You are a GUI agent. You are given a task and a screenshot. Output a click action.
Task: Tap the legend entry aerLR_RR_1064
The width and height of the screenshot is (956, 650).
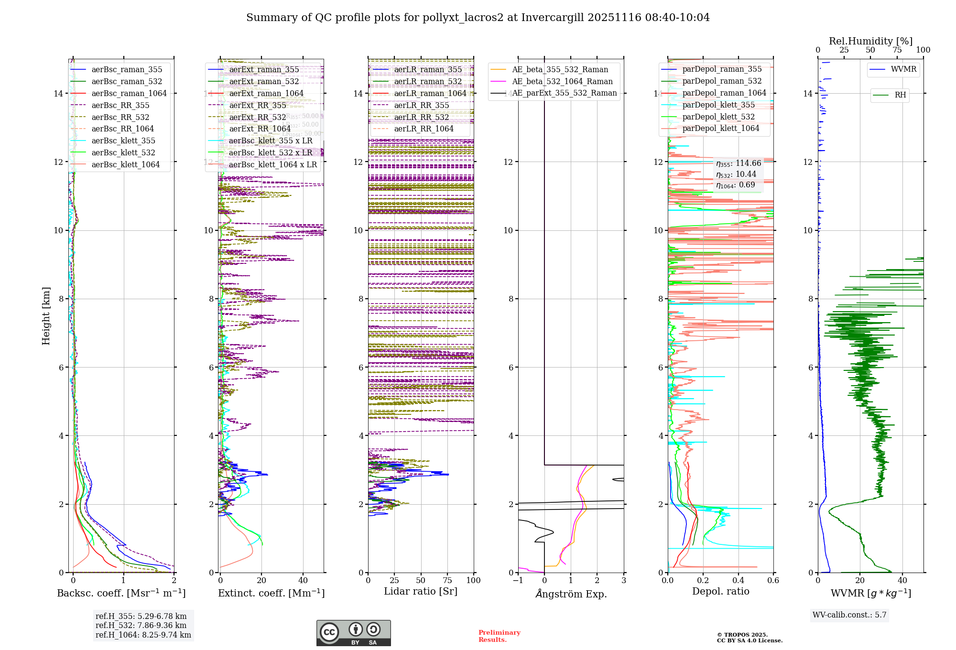(x=424, y=129)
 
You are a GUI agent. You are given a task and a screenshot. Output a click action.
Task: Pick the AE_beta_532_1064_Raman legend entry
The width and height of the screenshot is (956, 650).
(x=562, y=81)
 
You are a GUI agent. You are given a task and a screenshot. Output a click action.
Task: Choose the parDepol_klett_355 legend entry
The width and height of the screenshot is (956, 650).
(x=718, y=105)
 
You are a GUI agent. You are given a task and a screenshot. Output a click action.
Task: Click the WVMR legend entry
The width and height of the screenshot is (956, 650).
(x=903, y=69)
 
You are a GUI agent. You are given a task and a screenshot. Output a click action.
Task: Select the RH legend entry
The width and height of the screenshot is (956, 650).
(x=900, y=95)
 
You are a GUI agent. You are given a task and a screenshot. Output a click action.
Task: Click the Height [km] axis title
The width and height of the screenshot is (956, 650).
(x=46, y=316)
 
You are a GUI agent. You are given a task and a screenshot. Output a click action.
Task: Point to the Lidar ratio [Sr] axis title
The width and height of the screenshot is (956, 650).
(x=421, y=591)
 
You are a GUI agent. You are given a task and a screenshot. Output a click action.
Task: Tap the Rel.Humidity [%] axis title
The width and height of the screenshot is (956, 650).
(x=870, y=41)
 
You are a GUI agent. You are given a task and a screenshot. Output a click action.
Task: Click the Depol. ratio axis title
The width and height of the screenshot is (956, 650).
(x=720, y=591)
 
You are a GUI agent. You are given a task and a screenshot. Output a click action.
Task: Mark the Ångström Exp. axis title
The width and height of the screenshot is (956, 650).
(x=571, y=594)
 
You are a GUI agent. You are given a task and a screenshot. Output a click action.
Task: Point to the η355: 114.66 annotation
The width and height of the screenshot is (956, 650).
(x=739, y=163)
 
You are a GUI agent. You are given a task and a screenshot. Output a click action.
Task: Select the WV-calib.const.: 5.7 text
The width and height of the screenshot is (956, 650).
(x=849, y=615)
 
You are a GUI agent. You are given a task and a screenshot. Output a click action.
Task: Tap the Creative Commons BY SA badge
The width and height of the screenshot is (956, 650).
(x=353, y=633)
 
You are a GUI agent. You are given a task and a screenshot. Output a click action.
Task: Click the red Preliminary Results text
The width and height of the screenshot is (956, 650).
(x=499, y=636)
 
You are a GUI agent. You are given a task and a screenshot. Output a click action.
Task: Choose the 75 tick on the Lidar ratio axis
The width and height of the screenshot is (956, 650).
(x=447, y=580)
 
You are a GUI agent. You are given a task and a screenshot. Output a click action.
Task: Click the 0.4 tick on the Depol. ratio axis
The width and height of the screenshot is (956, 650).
(x=738, y=580)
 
